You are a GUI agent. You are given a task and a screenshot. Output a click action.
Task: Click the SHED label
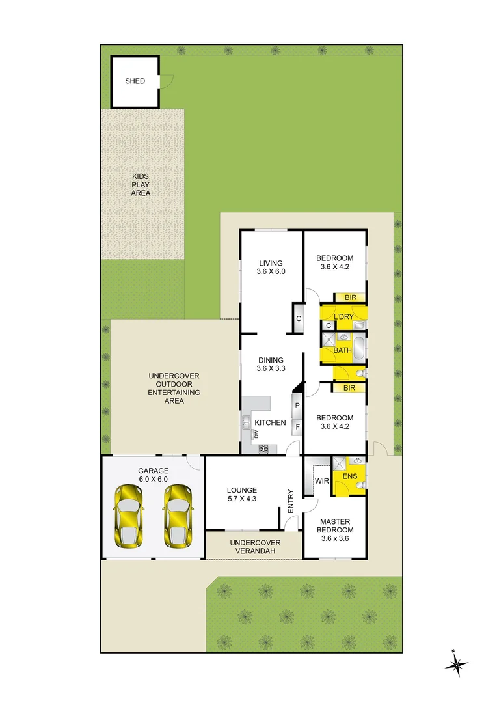[135, 81]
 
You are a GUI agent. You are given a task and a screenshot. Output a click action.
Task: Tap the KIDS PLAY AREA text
[141, 185]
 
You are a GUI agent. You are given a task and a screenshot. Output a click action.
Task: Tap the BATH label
[342, 350]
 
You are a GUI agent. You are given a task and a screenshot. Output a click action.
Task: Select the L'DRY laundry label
[343, 317]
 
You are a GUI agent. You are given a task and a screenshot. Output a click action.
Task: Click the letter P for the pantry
[297, 406]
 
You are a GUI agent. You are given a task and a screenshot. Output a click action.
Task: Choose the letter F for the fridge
[297, 428]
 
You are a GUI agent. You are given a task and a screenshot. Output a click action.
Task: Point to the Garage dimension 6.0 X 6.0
[153, 479]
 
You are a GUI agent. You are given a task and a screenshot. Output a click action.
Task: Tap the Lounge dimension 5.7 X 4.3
[242, 499]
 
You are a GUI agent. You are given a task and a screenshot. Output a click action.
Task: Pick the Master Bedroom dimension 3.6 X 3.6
[335, 538]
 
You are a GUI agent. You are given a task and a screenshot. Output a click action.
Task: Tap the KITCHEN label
[270, 423]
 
